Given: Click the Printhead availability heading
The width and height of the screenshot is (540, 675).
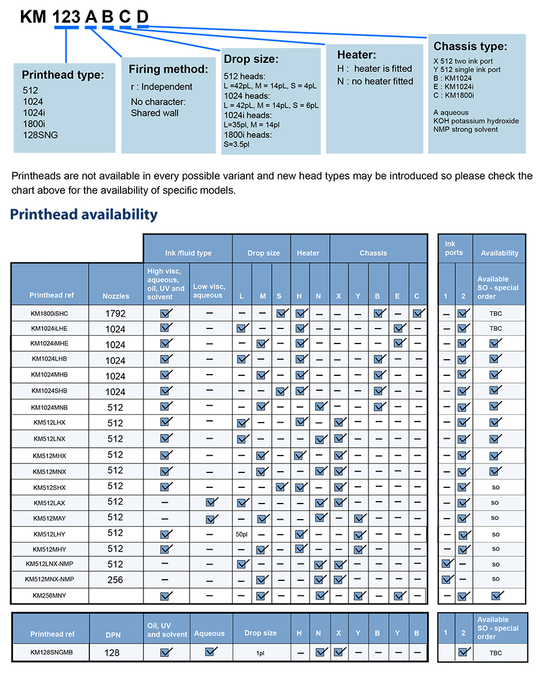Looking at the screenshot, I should click(84, 215).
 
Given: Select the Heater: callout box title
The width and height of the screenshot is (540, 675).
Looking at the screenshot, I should click(356, 55).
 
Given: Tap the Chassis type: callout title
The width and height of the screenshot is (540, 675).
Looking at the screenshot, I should click(470, 46).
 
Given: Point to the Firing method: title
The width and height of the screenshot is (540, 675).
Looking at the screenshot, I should click(169, 69).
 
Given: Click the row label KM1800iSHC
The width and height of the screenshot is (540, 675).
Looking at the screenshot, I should click(50, 313).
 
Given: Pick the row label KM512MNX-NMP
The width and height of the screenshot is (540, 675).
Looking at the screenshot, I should click(50, 579).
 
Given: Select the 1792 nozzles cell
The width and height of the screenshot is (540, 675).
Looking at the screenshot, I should click(116, 313).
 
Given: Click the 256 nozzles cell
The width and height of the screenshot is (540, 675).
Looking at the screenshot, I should click(116, 580).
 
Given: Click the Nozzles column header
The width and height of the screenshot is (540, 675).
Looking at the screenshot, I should click(116, 296).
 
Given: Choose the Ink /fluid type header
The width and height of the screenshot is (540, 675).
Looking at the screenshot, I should click(188, 253).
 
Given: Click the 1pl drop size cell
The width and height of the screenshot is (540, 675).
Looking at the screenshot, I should click(261, 653).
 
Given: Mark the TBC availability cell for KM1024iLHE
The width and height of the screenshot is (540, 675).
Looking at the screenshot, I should click(496, 329).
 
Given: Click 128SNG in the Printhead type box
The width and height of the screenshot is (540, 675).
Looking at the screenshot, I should click(40, 135).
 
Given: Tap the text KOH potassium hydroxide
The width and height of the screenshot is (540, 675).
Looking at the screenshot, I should click(476, 120).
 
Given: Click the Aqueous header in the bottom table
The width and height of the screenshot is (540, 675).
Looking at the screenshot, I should click(209, 634).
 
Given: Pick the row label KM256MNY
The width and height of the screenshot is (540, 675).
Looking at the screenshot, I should click(50, 595).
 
